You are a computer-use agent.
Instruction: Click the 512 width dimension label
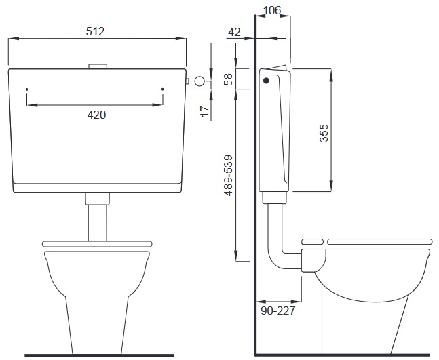coord(95,31)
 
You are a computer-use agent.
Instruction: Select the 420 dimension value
coord(96,115)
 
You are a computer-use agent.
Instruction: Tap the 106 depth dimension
coord(272,10)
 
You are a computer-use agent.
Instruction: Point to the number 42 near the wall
coord(234,32)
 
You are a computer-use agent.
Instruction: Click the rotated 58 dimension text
coord(229,79)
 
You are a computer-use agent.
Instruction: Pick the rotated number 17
coord(205,111)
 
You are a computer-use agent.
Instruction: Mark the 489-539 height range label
coord(229,176)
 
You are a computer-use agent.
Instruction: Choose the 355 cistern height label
coord(324,133)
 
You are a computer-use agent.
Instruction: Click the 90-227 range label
coord(278,311)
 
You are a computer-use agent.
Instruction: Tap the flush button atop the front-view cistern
coord(98,66)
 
